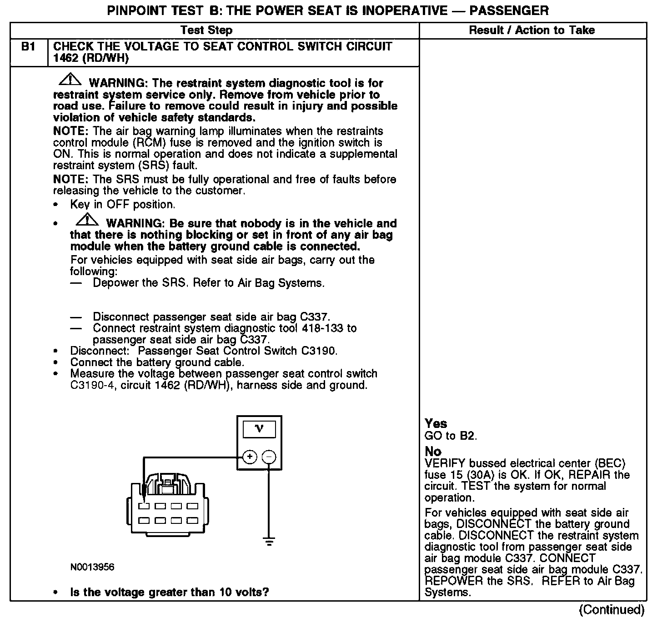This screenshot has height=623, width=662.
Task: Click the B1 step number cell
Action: pos(28,47)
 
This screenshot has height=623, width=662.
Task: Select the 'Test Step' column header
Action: pos(206,30)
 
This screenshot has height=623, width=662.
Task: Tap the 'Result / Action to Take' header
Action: pos(532,30)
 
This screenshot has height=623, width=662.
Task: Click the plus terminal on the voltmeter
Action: pos(250,457)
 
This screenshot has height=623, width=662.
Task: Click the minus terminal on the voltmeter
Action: pos(270,457)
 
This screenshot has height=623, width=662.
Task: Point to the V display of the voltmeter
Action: pos(259,428)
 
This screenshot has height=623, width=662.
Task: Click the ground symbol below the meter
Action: pos(269,541)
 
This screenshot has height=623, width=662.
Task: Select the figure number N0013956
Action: pos(92,567)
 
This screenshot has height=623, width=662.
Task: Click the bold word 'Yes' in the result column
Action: pos(436,423)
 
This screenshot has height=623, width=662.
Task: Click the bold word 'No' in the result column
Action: pos(433,451)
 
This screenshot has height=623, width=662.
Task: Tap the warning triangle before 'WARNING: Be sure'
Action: pos(87,220)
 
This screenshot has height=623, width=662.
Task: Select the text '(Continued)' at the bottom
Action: pos(612,609)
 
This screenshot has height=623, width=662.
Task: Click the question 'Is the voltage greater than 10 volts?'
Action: pos(170,592)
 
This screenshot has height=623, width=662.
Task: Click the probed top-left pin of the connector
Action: pos(145,506)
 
